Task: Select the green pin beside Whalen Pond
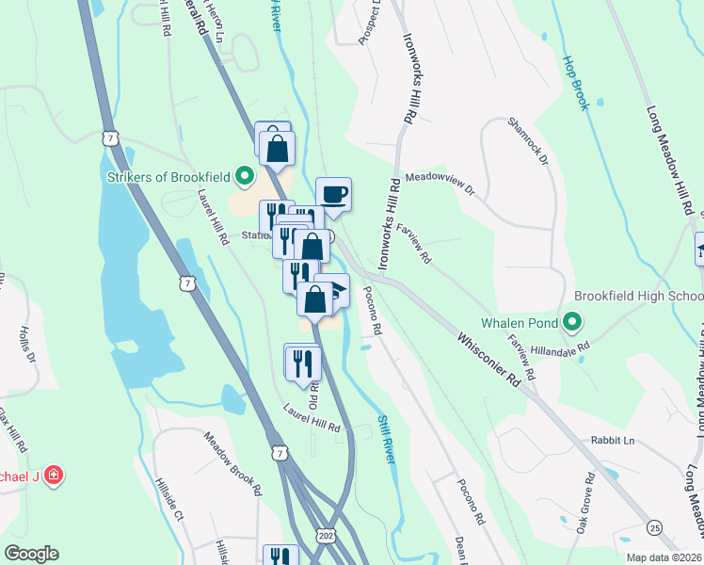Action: point(572,323)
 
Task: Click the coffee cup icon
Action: point(333,195)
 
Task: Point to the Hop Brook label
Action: point(575,82)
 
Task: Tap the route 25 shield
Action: point(654,526)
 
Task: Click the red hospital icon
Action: point(55,476)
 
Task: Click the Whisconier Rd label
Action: point(489,358)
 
